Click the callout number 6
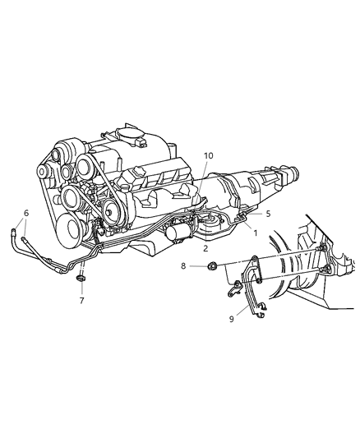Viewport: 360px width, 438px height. tap(26, 213)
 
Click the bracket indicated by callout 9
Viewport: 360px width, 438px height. tap(247, 284)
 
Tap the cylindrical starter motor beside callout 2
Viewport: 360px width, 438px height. tap(178, 236)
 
